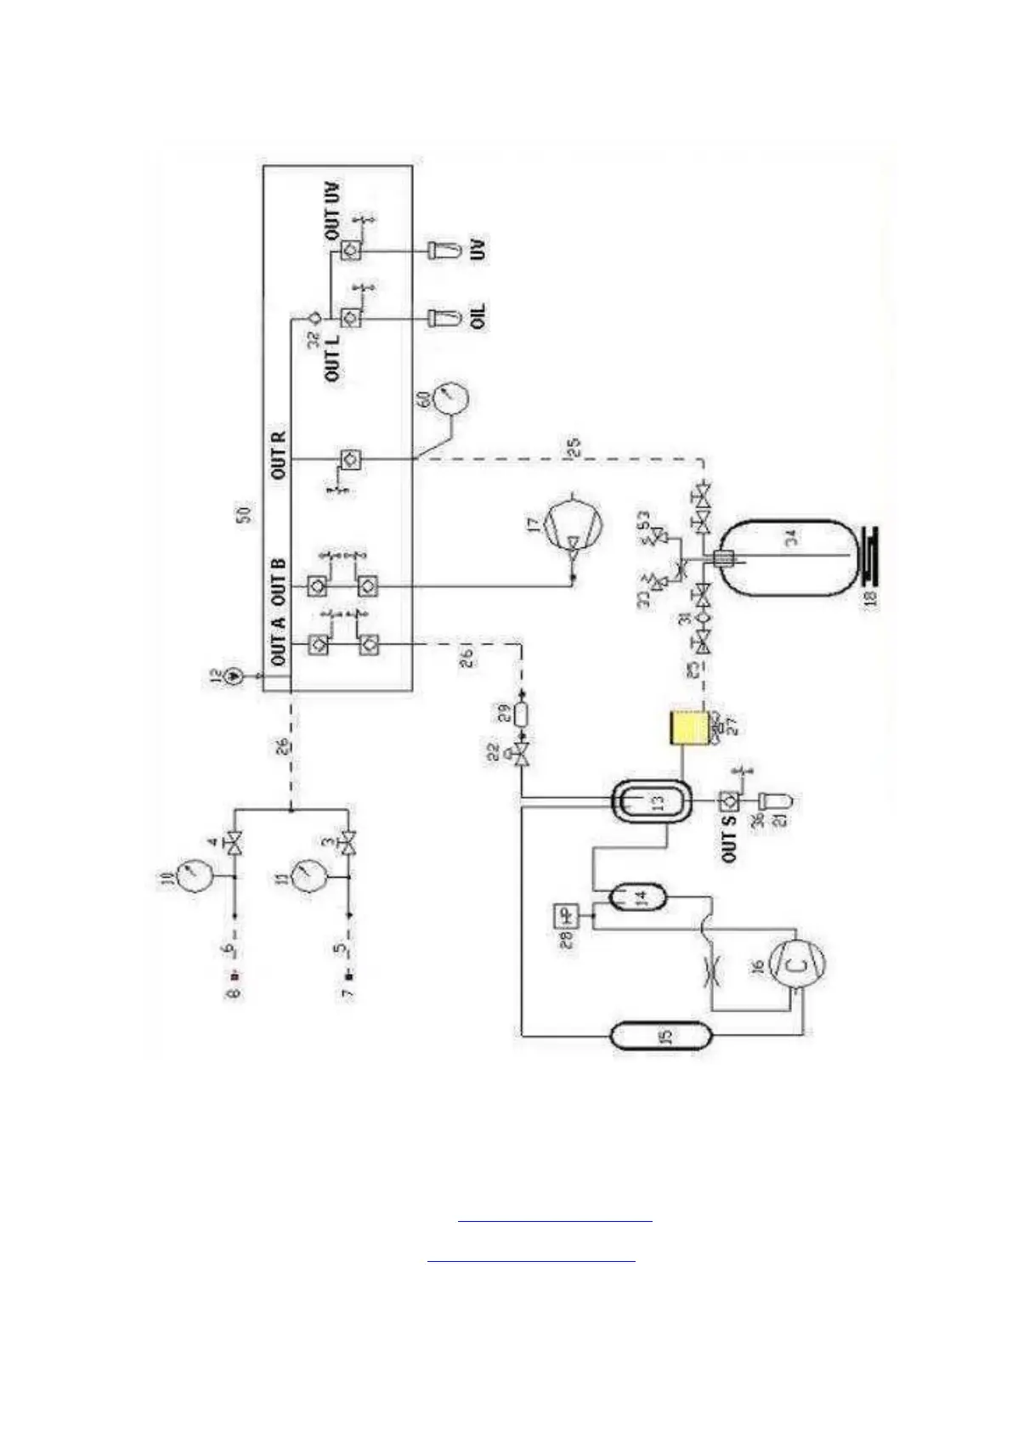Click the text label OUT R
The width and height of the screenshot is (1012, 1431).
(x=280, y=455)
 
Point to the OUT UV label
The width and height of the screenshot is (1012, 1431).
(x=333, y=210)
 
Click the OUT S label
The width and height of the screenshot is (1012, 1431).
(x=728, y=836)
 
